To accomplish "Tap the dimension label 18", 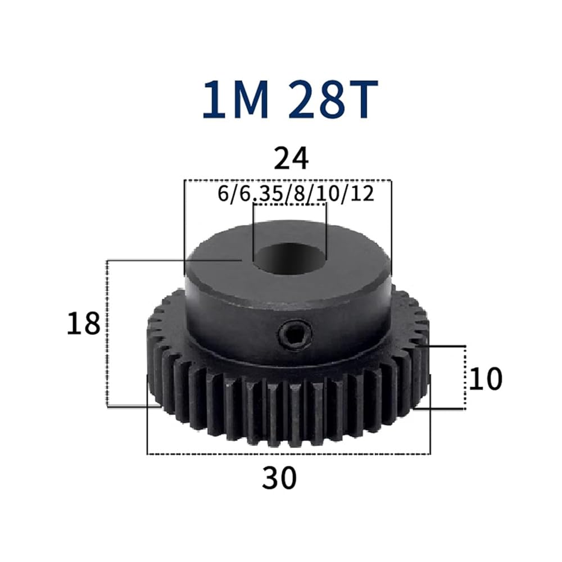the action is pyautogui.click(x=83, y=324).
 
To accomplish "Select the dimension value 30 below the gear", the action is pyautogui.click(x=279, y=478).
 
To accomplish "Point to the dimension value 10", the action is pyautogui.click(x=486, y=379).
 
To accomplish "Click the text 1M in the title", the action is pyautogui.click(x=235, y=99).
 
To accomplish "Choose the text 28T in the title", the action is pyautogui.click(x=333, y=99).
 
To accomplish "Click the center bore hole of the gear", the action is pyautogui.click(x=289, y=259).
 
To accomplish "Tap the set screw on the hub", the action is pyautogui.click(x=295, y=336).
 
